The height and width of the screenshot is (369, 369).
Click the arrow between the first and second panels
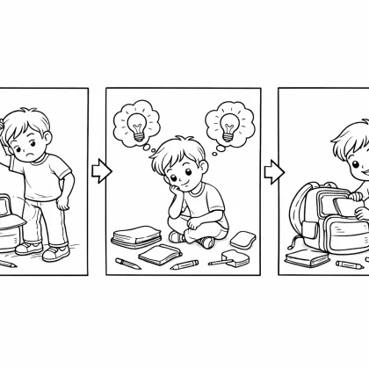[x=100, y=170]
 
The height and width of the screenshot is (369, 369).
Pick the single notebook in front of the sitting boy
[x=159, y=256]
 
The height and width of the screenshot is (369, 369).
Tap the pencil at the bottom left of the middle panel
[x=125, y=262]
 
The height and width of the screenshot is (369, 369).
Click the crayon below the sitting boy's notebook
[x=184, y=264]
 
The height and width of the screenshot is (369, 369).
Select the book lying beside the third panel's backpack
[x=305, y=257]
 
